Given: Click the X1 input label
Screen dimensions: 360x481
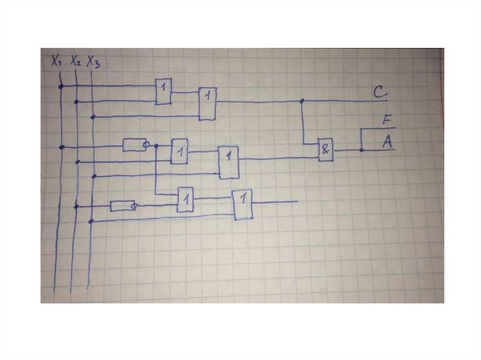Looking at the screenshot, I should click(x=56, y=60).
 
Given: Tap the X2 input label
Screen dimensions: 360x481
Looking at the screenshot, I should click(x=76, y=61).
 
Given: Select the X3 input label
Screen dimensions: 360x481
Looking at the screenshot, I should click(x=93, y=62).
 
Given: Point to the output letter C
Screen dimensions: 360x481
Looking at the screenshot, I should click(x=379, y=92).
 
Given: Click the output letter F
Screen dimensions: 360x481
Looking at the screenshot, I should click(x=387, y=121).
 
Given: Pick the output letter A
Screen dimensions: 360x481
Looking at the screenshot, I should click(x=387, y=141).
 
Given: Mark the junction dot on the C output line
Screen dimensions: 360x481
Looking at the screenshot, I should click(x=302, y=101).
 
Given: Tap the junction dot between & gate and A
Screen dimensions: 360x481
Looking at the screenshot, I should click(x=361, y=150).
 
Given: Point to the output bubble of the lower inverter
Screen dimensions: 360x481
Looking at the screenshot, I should click(x=134, y=206).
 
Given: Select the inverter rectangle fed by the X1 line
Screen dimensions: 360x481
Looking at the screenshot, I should click(x=133, y=145).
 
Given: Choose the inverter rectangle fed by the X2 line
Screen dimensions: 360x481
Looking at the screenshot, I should click(x=122, y=206).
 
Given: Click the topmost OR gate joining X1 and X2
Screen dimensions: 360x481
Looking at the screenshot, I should click(x=163, y=91).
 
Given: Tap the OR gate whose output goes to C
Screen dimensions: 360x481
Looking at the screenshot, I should click(x=207, y=104).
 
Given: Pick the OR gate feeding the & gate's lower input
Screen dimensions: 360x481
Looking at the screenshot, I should click(x=229, y=162).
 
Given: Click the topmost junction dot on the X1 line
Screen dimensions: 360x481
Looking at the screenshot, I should click(x=61, y=86).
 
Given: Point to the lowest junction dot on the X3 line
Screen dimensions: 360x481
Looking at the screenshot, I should click(x=92, y=221).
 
